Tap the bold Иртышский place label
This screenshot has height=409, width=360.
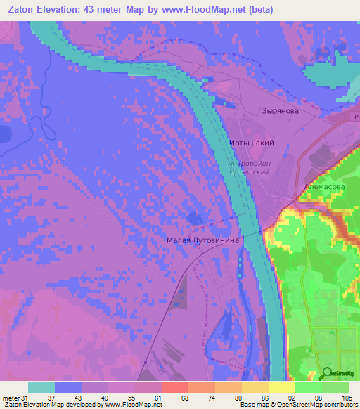click(x=251, y=143)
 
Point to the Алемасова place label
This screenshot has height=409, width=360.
click(x=323, y=186)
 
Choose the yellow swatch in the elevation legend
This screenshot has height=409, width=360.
click(x=281, y=387)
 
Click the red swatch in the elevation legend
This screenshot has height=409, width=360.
click(x=175, y=387)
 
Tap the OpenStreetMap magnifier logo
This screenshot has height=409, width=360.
click(x=328, y=373)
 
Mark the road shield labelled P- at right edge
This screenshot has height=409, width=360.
click(x=356, y=117)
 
